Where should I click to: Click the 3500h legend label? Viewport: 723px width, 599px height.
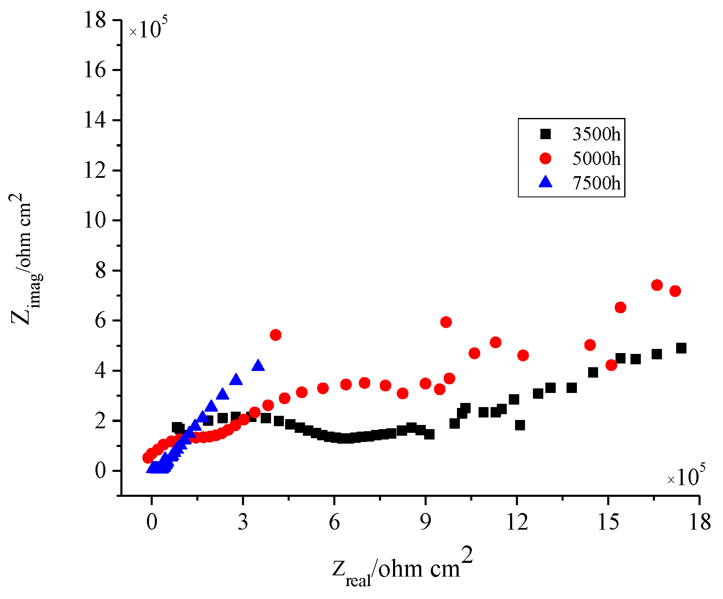pyautogui.click(x=596, y=134)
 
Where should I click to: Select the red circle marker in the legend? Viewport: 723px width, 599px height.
pyautogui.click(x=545, y=158)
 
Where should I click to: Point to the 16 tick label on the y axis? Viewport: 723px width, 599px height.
pyautogui.click(x=95, y=70)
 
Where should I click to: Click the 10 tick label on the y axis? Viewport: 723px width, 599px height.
pyautogui.click(x=95, y=220)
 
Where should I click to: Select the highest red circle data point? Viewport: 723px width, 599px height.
pyautogui.click(x=657, y=285)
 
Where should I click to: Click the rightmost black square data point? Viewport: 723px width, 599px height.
pyautogui.click(x=681, y=348)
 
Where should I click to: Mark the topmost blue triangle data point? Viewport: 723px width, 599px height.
pyautogui.click(x=258, y=366)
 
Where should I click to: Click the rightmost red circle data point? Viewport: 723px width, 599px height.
pyautogui.click(x=675, y=291)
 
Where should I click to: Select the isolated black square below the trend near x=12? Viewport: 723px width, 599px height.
pyautogui.click(x=520, y=425)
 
